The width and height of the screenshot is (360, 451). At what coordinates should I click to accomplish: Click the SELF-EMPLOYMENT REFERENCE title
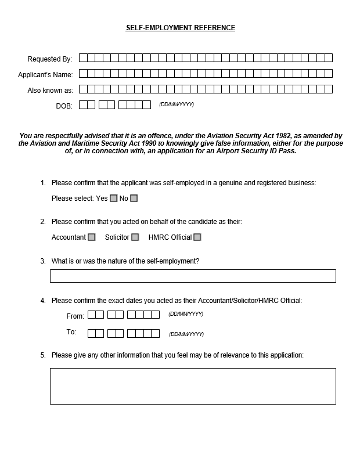(x=181, y=28)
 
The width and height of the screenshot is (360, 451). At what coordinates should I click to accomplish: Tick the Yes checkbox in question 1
(x=114, y=199)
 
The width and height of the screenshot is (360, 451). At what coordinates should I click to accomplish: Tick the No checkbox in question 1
(x=134, y=199)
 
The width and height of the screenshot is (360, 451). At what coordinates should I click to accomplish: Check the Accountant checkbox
(x=91, y=237)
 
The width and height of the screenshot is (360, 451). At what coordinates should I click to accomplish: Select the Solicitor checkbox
(x=135, y=237)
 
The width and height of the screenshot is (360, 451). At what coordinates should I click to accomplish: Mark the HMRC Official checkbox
(x=197, y=237)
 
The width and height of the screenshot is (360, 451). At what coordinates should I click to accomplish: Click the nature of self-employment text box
(x=193, y=276)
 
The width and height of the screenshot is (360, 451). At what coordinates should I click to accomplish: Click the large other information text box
(x=193, y=386)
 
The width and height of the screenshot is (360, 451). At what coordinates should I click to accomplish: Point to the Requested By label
(x=50, y=59)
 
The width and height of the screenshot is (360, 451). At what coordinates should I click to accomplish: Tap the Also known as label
(x=50, y=91)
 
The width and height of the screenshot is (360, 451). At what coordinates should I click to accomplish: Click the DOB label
(x=64, y=106)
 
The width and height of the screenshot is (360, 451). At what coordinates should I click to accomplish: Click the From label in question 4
(x=75, y=316)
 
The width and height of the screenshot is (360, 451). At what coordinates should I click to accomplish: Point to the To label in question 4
(x=71, y=333)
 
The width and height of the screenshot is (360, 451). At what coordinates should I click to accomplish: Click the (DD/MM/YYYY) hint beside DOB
(x=177, y=104)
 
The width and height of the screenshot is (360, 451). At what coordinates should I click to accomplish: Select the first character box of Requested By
(x=83, y=57)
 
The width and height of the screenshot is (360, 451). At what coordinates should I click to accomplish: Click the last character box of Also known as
(x=329, y=89)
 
